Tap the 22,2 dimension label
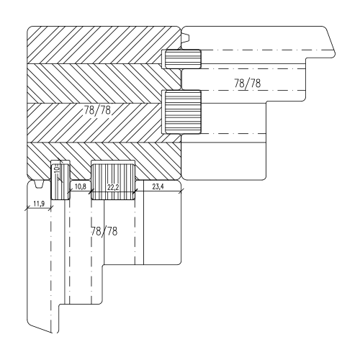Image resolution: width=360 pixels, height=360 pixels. (x=112, y=186)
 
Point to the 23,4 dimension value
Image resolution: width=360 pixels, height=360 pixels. (x=159, y=186)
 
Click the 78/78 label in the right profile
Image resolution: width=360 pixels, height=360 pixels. (x=248, y=84)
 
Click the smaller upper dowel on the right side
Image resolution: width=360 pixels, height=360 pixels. (x=183, y=58)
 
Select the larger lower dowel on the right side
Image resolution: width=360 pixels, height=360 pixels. (x=183, y=112)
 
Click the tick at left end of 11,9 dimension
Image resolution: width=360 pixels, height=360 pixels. (x=27, y=209)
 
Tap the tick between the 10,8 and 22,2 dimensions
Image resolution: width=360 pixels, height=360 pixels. (x=91, y=191)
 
